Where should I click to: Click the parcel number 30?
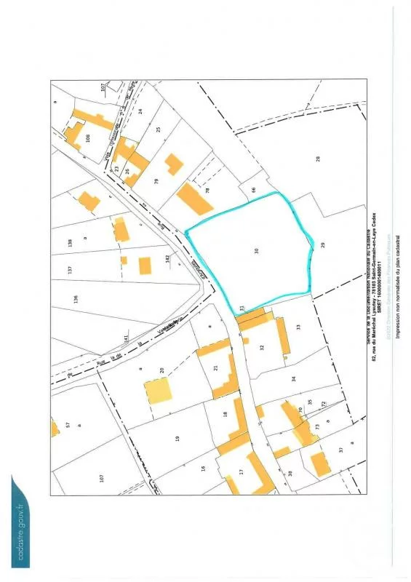tap(257, 250)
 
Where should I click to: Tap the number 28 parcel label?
tap(318, 159)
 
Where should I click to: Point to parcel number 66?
tap(254, 190)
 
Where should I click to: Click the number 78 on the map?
tap(207, 191)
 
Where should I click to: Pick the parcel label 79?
tap(156, 180)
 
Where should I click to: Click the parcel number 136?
tap(76, 298)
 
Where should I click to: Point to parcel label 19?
tap(177, 438)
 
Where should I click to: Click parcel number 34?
tap(295, 379)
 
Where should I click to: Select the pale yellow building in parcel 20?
tap(157, 391)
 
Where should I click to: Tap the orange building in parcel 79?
tap(174, 164)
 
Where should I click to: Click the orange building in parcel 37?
tap(319, 463)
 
